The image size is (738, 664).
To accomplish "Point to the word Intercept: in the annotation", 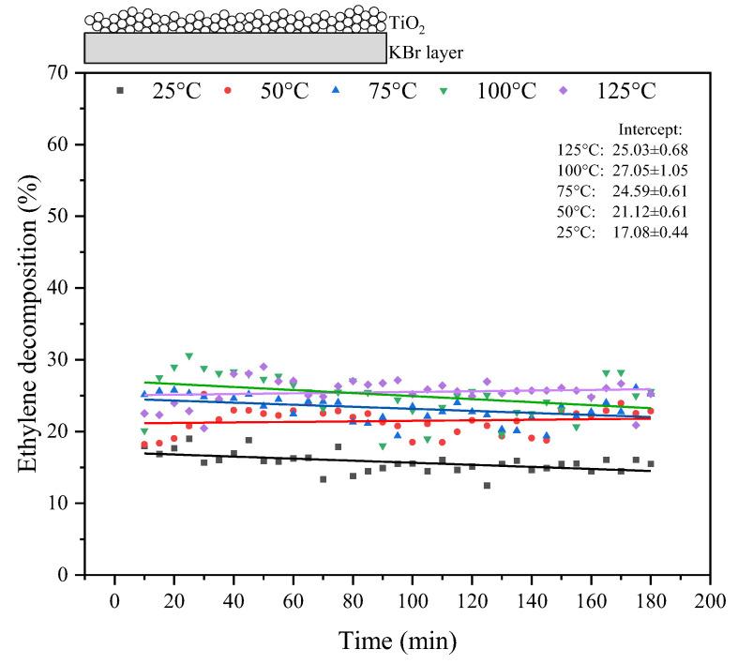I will click(650, 129).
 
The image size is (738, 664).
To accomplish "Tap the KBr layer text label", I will click(426, 53).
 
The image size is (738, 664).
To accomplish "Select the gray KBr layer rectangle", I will click(234, 48).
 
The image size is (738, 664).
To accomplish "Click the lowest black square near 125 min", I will click(487, 486).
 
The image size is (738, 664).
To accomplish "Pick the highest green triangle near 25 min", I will click(188, 356).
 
